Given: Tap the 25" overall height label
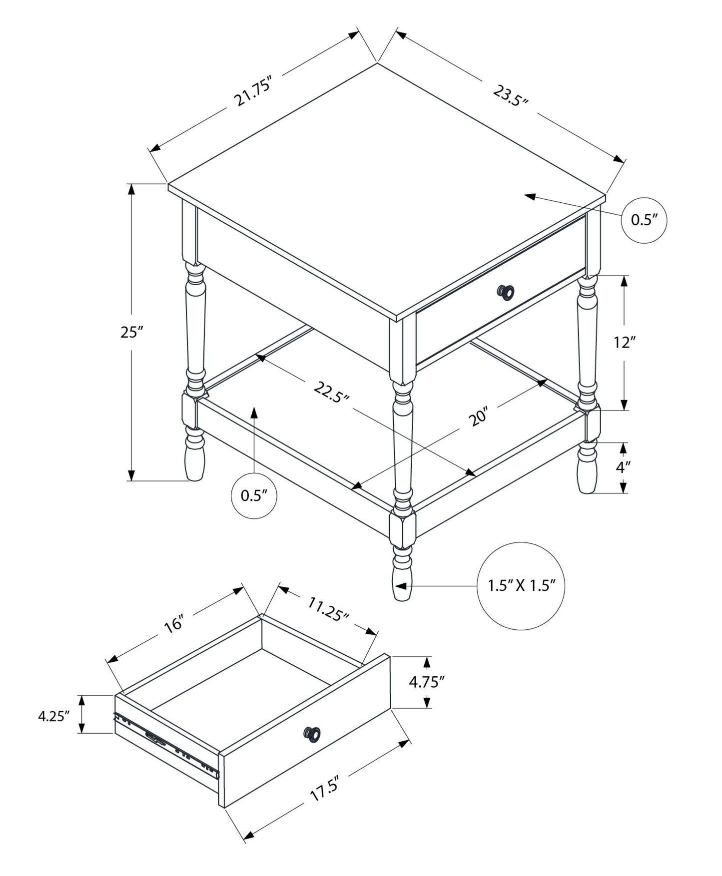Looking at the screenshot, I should (x=132, y=332).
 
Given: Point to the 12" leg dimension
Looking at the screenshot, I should (x=624, y=342).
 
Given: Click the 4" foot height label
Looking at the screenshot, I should (x=623, y=467).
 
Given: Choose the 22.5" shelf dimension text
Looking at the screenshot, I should (x=331, y=392).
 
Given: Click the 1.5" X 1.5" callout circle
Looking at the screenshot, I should (x=522, y=586).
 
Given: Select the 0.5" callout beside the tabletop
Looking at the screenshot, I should (x=644, y=220).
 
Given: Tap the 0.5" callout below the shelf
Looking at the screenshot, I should (x=254, y=495).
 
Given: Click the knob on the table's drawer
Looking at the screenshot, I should (x=506, y=292).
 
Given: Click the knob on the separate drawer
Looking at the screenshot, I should (x=312, y=734).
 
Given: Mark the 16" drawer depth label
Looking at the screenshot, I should (x=175, y=624).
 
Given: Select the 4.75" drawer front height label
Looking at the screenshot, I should (x=426, y=682).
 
